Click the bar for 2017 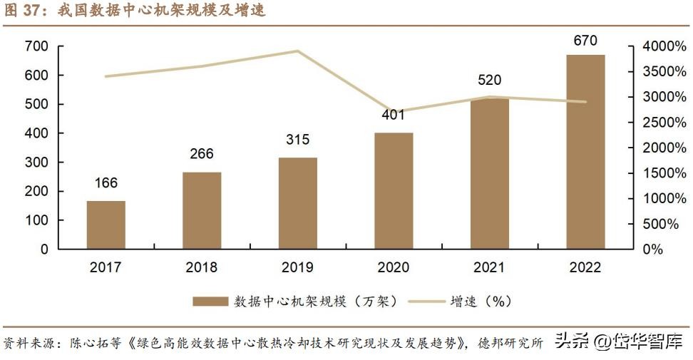106,225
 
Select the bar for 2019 297,203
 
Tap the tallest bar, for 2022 585,152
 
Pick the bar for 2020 394,190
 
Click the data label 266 202,154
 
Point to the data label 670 585,41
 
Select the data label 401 393,115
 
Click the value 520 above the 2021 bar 489,80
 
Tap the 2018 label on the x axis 202,268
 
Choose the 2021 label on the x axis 489,268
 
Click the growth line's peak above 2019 297,51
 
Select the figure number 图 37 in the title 21,11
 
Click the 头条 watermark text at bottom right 572,341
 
